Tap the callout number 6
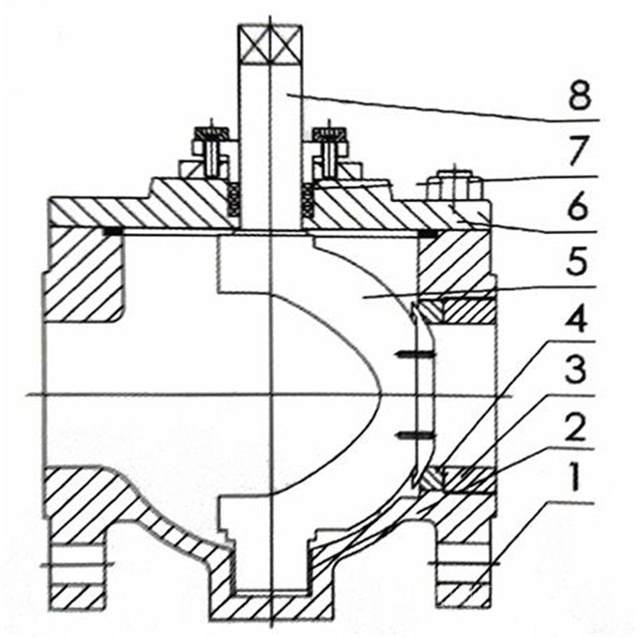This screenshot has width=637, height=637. [576, 206]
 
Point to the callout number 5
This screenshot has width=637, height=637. [576, 262]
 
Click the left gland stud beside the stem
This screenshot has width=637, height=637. [211, 152]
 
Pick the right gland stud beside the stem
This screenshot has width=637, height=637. [330, 152]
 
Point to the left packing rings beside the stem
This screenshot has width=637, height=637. [233, 200]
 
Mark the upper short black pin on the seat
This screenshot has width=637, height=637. [416, 355]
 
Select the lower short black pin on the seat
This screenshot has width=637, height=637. [416, 436]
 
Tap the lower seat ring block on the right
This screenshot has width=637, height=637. [432, 479]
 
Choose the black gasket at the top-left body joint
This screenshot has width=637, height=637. [112, 232]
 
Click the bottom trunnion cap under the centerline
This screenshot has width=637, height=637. [271, 606]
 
